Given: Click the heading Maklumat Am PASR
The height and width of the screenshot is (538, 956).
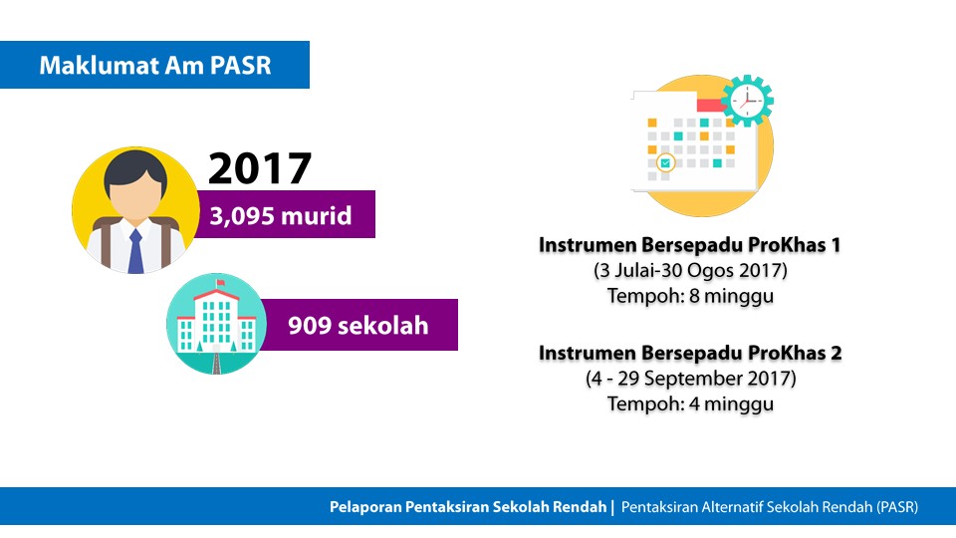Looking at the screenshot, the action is coord(155,66).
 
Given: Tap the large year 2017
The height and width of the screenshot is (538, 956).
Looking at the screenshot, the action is coord(260,168).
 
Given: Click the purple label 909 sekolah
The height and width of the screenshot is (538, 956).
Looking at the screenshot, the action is coord(358,325).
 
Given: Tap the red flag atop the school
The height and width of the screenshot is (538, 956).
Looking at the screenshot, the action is coord(220,282).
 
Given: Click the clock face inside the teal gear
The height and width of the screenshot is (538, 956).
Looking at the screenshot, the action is coord(747,100).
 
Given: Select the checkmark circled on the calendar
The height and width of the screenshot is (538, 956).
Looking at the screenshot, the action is coord(665,162).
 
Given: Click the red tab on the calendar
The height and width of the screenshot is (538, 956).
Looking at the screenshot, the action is coord(710,105).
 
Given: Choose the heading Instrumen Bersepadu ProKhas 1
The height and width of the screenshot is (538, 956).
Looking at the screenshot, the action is coord(689,245).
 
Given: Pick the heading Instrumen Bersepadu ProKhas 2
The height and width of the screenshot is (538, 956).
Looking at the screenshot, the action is coord(690,353).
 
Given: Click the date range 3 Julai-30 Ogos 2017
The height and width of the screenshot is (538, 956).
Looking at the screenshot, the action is coord(690,270).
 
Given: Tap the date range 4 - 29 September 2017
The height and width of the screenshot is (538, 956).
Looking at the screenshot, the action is coord(691,379).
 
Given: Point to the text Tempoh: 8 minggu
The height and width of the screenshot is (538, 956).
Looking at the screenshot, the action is coord(690,296).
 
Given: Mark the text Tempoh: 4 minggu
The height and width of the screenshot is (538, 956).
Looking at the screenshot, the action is coord(690,403).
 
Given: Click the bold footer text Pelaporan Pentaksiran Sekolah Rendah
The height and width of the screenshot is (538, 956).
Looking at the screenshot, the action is coord(468,507).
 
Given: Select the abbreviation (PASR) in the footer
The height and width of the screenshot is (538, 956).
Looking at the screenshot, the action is coord(897,507).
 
